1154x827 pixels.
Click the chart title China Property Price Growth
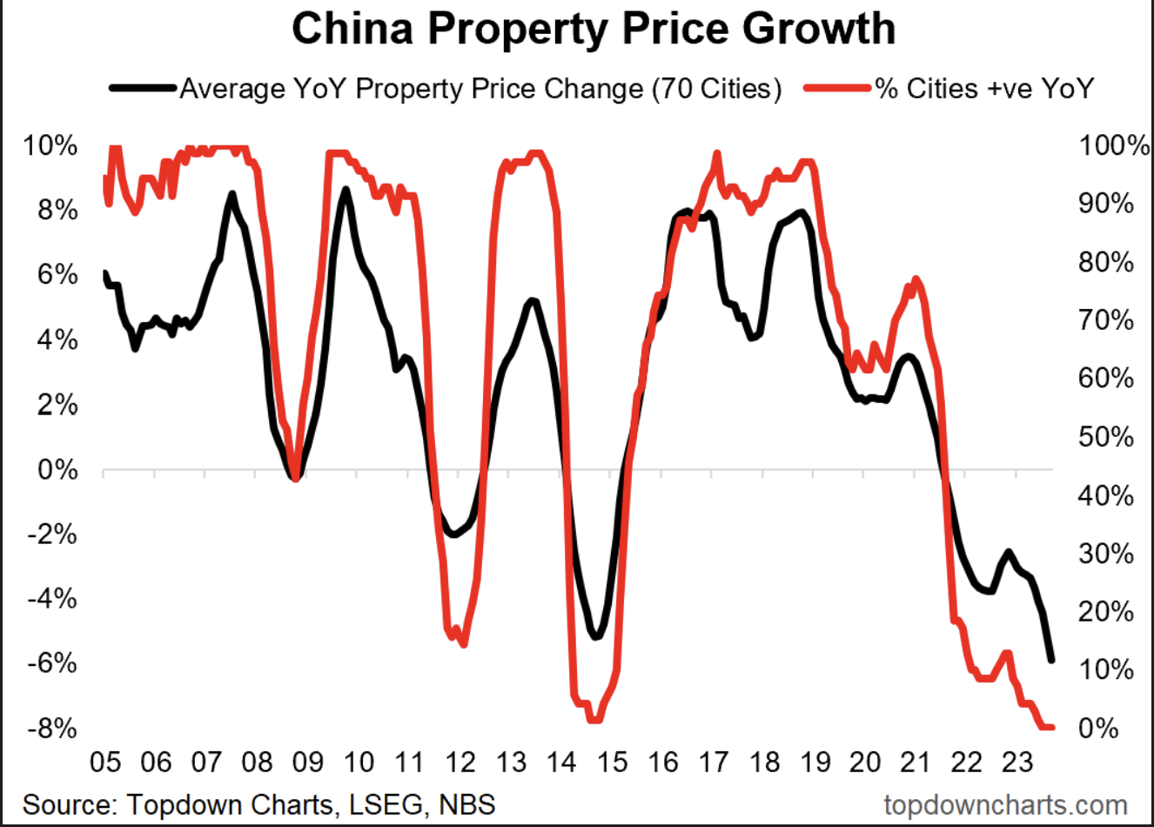(x=593, y=29)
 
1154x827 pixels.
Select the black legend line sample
(x=144, y=88)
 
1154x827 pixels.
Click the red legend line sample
(x=839, y=88)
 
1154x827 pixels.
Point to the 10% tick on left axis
(x=51, y=145)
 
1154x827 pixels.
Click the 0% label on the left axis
(x=57, y=470)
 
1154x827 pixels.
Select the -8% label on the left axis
(x=51, y=728)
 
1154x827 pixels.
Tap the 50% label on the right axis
(x=1106, y=437)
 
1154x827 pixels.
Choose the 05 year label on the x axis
(x=105, y=763)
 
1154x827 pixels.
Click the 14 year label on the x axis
(x=561, y=763)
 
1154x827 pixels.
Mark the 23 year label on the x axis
(x=1016, y=763)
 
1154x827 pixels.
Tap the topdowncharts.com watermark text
(x=1004, y=803)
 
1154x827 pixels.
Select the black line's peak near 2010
(x=346, y=190)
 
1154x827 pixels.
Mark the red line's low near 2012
(x=462, y=643)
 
